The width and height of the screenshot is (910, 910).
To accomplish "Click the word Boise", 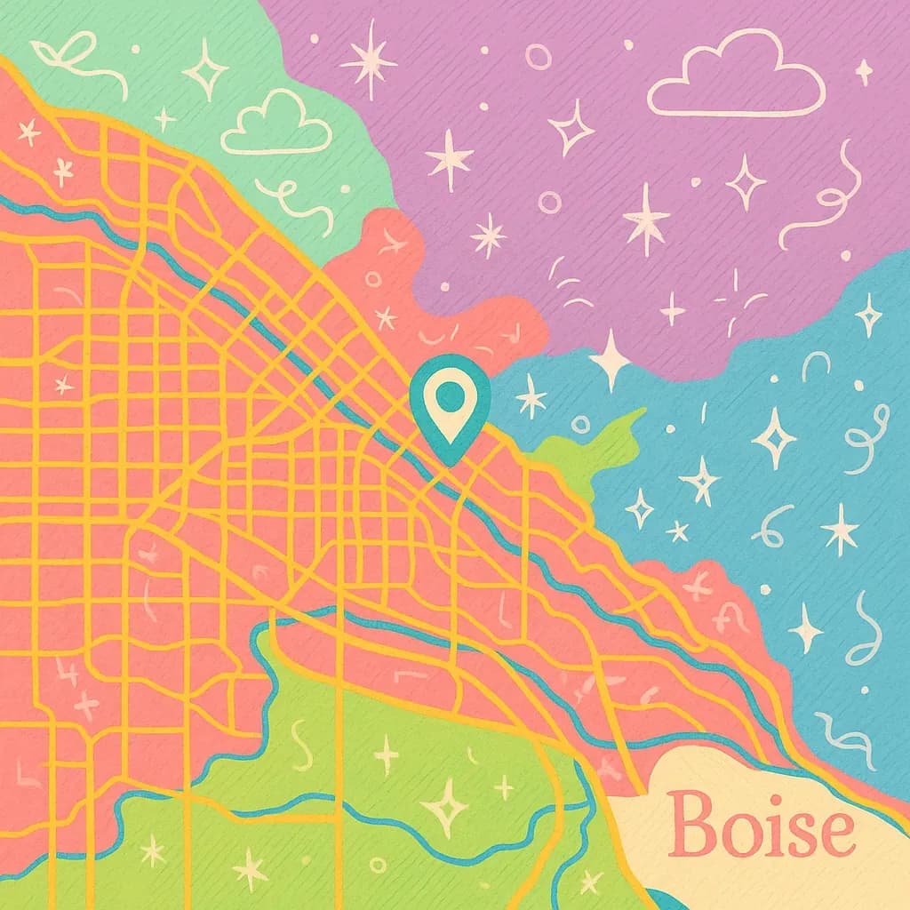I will [x=762, y=825].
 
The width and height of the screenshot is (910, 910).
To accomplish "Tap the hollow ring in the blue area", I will [x=580, y=424].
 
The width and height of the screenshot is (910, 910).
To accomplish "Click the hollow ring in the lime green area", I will [x=378, y=864].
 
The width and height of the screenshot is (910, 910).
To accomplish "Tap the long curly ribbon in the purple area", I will [x=822, y=200].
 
